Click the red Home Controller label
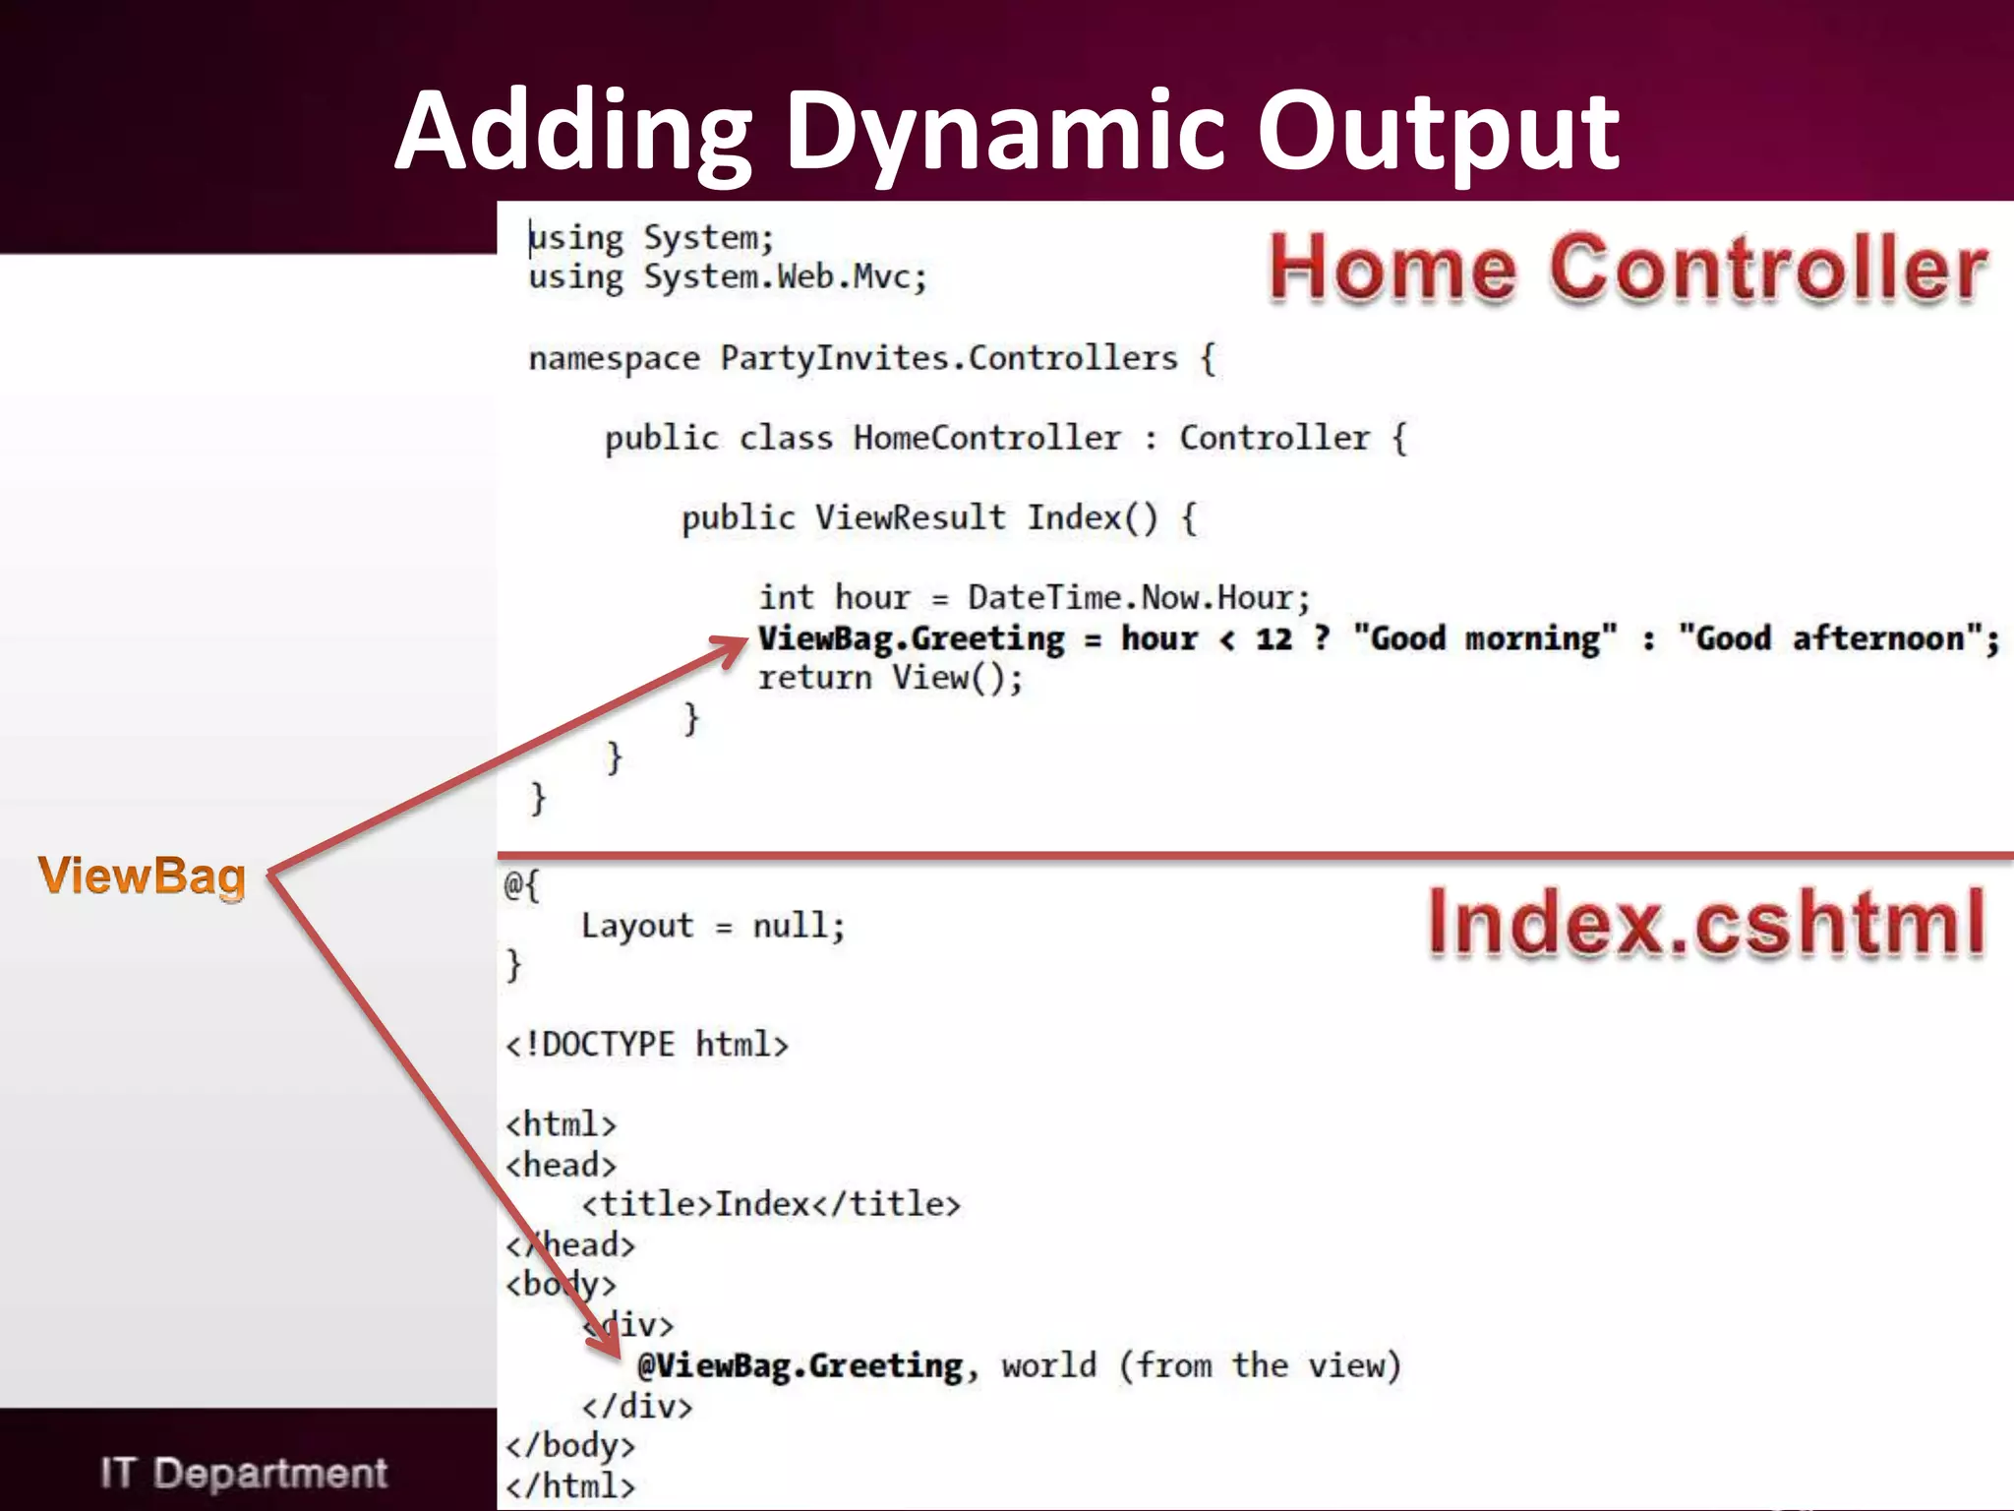tap(1628, 268)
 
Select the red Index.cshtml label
tap(1706, 923)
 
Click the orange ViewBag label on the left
tap(142, 876)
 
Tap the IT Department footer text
tap(243, 1473)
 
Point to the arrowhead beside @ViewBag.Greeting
tap(611, 1347)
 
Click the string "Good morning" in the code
tap(1485, 638)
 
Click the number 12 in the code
tap(1274, 638)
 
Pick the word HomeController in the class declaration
tap(986, 438)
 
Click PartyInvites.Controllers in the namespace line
tap(948, 358)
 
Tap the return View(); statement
tap(890, 678)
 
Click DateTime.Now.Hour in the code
tap(1138, 597)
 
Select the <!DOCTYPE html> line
tap(646, 1044)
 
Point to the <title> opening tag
tap(646, 1204)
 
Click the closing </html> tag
tap(570, 1485)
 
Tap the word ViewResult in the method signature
tap(910, 517)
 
